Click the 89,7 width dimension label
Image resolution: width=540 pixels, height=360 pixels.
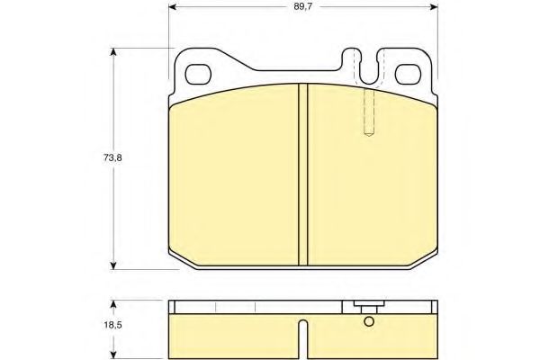[x=302, y=7]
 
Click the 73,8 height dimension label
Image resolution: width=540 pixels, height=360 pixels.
[x=112, y=157]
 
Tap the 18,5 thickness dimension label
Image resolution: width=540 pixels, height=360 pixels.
[x=112, y=325]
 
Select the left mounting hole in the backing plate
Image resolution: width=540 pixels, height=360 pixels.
[x=198, y=75]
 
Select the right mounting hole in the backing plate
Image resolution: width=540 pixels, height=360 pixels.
[x=409, y=75]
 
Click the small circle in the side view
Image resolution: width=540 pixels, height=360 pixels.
[x=369, y=321]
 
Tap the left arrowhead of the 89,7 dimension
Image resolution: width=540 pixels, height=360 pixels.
[x=172, y=7]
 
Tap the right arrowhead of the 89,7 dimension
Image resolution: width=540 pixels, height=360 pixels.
[x=434, y=7]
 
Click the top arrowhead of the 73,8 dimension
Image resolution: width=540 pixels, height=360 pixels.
[x=113, y=52]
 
